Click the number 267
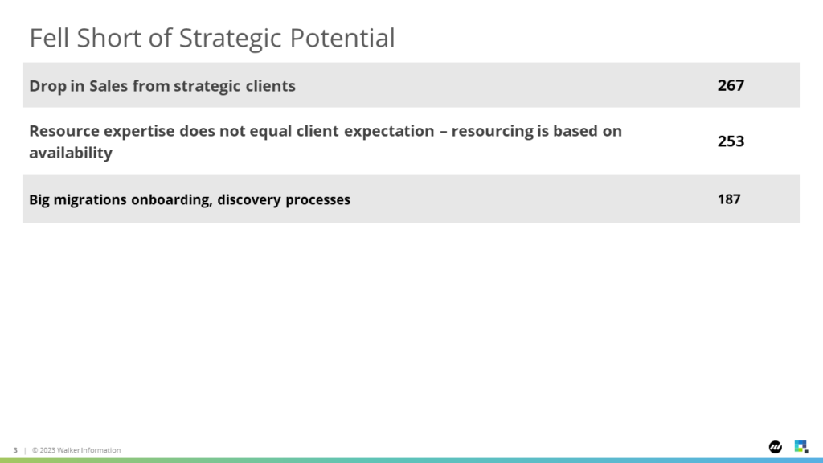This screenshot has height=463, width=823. [731, 85]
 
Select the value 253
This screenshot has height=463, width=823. [731, 141]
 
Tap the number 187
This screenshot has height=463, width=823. [729, 199]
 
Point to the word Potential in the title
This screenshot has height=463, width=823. [342, 38]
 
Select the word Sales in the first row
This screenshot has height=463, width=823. [109, 85]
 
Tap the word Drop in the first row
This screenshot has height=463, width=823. [47, 86]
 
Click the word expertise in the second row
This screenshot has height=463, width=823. [138, 132]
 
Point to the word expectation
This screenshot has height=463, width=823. [389, 132]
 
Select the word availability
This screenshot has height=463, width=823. [71, 154]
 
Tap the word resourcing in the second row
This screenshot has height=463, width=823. [492, 132]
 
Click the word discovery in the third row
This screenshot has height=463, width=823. [249, 200]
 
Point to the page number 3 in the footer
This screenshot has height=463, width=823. [15, 450]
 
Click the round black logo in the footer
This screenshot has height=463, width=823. [776, 447]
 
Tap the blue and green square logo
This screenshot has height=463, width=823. [801, 447]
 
